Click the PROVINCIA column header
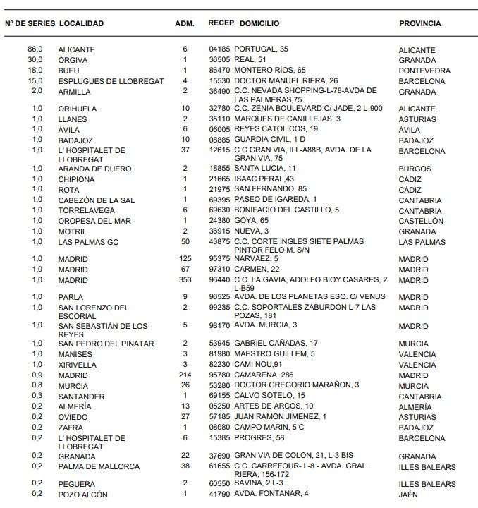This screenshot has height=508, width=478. coord(419,23)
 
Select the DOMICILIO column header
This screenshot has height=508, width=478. coord(259,23)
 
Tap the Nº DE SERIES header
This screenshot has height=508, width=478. coord(30,23)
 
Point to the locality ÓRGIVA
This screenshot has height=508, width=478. coord(73,60)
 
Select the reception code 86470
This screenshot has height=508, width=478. coord(220,71)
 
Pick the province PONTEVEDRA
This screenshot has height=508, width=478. coord(424,71)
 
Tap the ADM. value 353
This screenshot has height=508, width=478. coord(185,280)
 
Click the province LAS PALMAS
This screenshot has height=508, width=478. coord(422,242)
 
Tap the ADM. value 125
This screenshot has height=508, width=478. coord(185,259)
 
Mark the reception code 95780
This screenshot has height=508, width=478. coord(220,375)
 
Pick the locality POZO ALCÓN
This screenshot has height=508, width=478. coord(82,495)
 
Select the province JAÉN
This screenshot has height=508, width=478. coord(408,495)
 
